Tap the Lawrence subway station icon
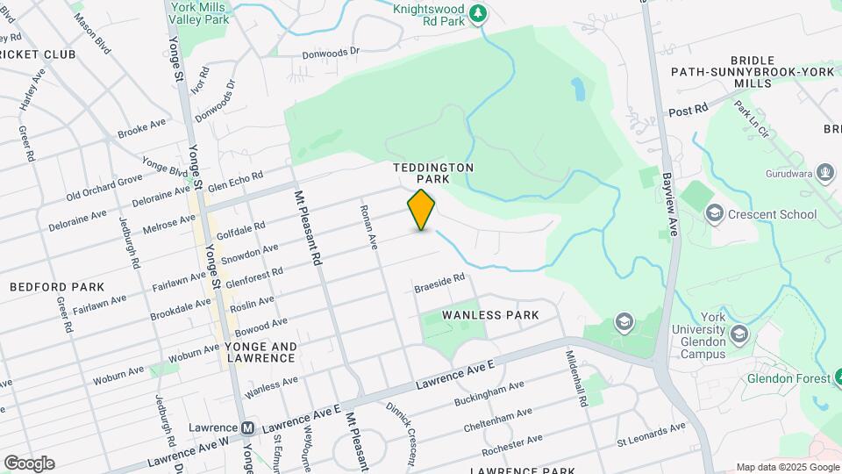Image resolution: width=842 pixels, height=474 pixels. pos(248,428)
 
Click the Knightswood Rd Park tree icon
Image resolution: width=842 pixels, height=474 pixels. pos(477,12)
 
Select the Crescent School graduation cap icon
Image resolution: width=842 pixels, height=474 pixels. pos(715,214)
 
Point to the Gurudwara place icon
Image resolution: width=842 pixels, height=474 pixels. pos(824,172)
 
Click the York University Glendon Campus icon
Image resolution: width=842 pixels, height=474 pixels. pos(739,334)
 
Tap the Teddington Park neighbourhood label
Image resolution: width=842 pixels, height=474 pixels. pos(433,173)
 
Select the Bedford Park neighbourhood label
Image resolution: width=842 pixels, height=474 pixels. pos(57,287)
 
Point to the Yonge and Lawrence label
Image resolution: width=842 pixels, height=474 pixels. pos(261,352)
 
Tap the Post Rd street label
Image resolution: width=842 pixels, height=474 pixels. pos(688,111)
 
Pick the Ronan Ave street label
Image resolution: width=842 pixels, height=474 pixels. pos(367,227)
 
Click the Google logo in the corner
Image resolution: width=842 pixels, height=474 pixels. pos(29,463)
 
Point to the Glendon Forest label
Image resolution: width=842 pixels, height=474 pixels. pos(788,378)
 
